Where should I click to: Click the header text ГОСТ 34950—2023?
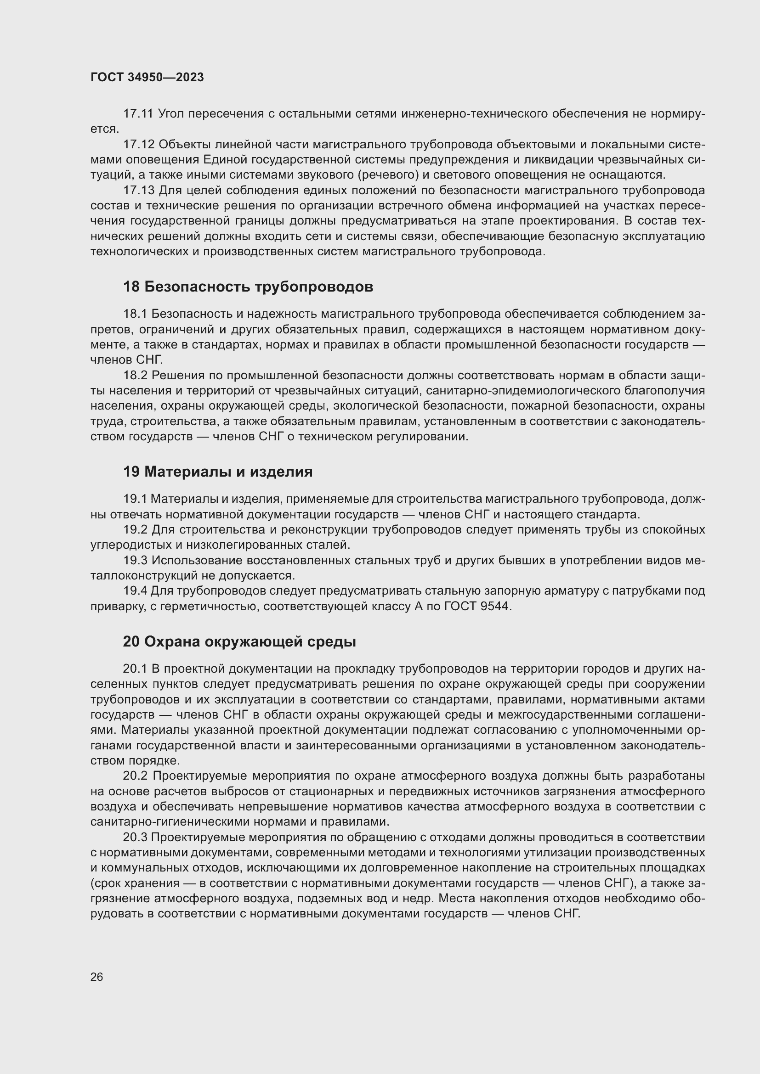coord(147,78)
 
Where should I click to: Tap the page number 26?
coord(97,977)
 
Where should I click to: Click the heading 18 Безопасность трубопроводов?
coord(248,287)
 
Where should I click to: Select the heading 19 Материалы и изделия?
coord(218,472)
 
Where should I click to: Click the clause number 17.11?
coord(138,114)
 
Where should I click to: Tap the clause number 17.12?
coord(138,145)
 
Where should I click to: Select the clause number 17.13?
coord(138,191)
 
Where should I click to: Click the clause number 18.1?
coord(135,314)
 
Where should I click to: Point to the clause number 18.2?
coord(135,376)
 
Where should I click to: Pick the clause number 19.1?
coord(135,499)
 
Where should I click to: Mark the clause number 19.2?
coord(135,530)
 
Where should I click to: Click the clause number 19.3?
coord(135,560)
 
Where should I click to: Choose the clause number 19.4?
coord(135,591)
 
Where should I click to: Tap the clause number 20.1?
coord(135,669)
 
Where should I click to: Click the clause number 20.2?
coord(135,776)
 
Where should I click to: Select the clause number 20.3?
coord(135,838)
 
